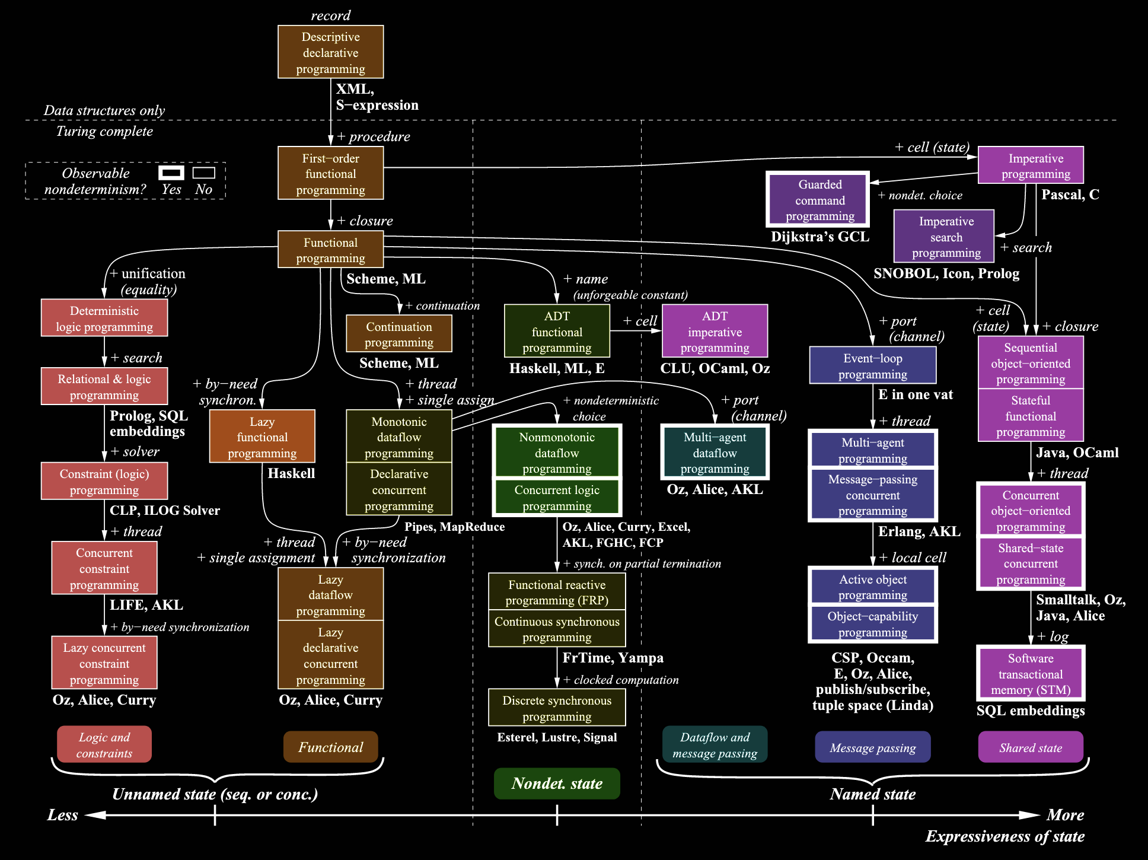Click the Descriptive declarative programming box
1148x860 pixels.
[x=330, y=52]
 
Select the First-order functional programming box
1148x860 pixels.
[x=330, y=173]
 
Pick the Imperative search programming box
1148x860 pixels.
[x=945, y=237]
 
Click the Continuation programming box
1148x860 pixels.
[x=398, y=334]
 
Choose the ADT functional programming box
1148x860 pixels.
[x=556, y=332]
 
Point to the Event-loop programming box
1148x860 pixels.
[x=872, y=365]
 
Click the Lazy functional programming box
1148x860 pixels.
[x=262, y=437]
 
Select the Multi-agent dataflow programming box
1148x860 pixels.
[x=715, y=453]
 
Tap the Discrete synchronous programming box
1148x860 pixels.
[x=556, y=708]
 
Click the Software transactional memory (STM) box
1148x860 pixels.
[x=1030, y=674]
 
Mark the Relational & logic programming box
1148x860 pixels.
[x=104, y=386]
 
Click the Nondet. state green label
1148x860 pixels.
[x=556, y=783]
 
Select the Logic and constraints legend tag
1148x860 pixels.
[x=104, y=744]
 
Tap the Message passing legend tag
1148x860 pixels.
[x=872, y=747]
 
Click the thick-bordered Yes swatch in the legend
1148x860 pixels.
[x=171, y=173]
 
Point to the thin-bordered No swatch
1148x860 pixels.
[x=203, y=173]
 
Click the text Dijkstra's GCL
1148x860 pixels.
[x=819, y=237]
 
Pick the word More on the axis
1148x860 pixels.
[x=1065, y=815]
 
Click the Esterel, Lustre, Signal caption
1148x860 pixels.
[x=556, y=737]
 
